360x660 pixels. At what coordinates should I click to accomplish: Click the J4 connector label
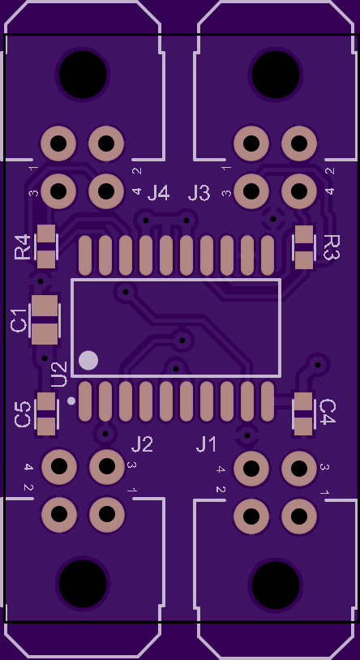(x=158, y=193)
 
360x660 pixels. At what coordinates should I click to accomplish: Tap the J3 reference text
(x=199, y=193)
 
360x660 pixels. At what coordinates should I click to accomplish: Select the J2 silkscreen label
(x=142, y=444)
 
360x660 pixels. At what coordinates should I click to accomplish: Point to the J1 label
(x=206, y=444)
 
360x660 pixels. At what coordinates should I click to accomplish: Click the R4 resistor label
(x=23, y=246)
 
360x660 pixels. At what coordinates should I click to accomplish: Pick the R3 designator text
(x=332, y=247)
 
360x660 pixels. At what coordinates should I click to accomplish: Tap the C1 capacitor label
(x=19, y=320)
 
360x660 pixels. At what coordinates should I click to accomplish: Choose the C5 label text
(x=23, y=414)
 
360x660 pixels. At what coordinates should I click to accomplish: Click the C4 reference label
(x=328, y=412)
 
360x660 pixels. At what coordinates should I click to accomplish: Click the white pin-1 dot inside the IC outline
(x=88, y=361)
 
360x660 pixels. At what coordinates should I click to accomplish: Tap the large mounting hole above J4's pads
(x=83, y=75)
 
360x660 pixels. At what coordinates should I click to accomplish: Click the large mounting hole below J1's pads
(x=276, y=585)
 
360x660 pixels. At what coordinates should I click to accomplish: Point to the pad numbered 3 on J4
(x=58, y=191)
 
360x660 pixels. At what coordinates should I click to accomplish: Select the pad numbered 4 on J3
(x=299, y=191)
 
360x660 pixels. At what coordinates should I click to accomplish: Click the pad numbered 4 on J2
(x=59, y=466)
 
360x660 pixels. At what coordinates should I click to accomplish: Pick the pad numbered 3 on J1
(x=299, y=468)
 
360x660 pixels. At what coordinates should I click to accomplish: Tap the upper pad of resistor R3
(x=304, y=234)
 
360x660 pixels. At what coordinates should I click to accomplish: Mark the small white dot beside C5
(x=71, y=401)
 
